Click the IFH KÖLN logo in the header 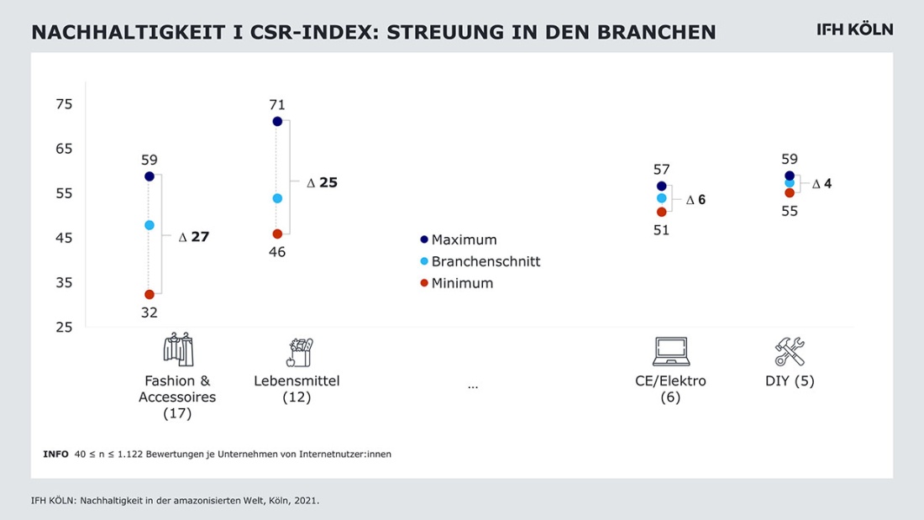[x=854, y=30]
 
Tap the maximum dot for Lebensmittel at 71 [x=277, y=122]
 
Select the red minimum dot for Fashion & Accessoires [x=150, y=294]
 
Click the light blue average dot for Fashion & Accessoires [x=150, y=225]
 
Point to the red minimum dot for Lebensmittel [x=277, y=234]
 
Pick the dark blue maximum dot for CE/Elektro [x=661, y=186]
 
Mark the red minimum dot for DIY [x=790, y=193]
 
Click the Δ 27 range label [x=194, y=237]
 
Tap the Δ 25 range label [x=322, y=182]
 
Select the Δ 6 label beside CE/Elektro [x=696, y=200]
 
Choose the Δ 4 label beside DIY [x=822, y=183]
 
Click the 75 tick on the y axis [x=64, y=104]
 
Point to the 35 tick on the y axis [x=64, y=282]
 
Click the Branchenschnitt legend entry [x=486, y=261]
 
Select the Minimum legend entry [x=462, y=283]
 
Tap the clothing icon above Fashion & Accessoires [x=177, y=349]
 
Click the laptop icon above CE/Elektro [x=670, y=351]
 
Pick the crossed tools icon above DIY [x=790, y=351]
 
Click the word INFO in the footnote [x=55, y=454]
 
